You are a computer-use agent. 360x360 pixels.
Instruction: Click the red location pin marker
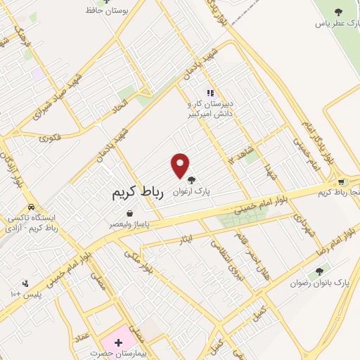coord(181,165)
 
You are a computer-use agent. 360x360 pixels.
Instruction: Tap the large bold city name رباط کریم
coord(138,193)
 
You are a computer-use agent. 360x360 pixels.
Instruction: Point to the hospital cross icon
coord(118,341)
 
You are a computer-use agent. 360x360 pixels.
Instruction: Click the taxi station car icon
coord(32,207)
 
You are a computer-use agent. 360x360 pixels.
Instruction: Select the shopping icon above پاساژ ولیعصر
coord(129,213)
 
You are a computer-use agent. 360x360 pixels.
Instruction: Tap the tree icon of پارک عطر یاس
coord(338,12)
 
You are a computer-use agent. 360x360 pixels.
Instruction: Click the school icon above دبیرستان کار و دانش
coord(209,92)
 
